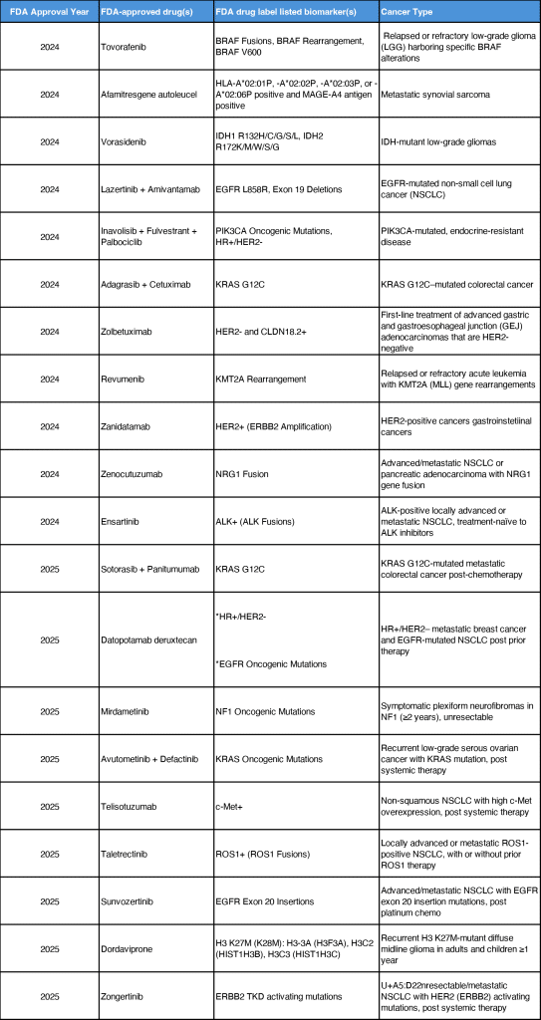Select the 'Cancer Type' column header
[405, 12]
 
